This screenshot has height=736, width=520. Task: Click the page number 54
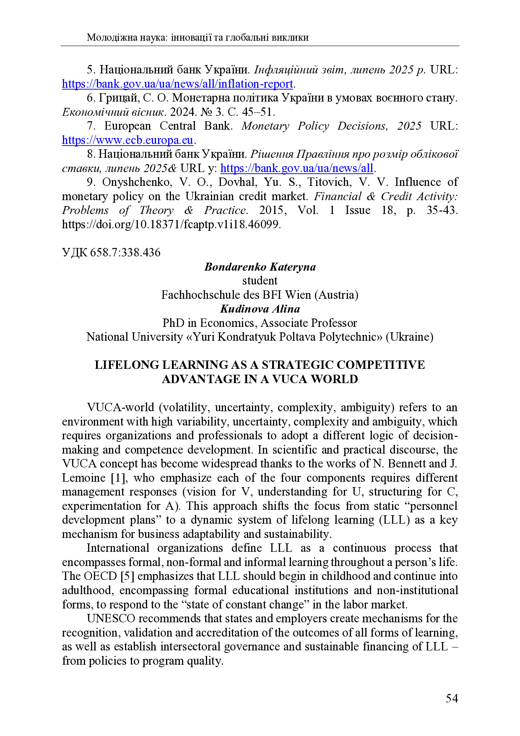tap(452, 699)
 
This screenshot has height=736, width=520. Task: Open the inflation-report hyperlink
tap(177, 84)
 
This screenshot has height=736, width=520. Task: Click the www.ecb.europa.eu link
tap(127, 140)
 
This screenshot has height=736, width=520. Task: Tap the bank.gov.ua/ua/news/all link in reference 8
tap(296, 168)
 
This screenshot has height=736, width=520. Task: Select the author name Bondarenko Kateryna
tap(260, 267)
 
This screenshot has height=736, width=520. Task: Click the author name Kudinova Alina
tap(260, 309)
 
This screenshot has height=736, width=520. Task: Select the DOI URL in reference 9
tap(171, 224)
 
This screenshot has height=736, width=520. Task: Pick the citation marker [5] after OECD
tap(127, 576)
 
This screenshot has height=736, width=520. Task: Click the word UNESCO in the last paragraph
tap(111, 619)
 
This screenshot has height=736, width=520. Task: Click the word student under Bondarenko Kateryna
tap(260, 281)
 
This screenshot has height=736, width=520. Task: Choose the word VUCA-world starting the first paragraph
tap(120, 407)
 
